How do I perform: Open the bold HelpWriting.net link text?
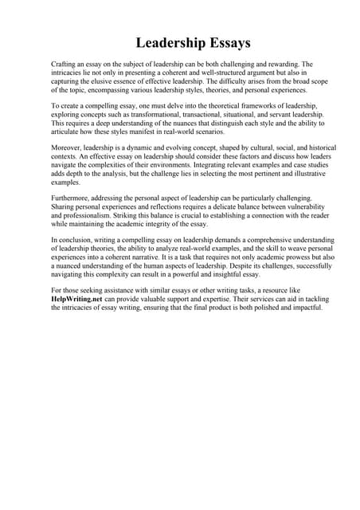[x=78, y=300]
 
